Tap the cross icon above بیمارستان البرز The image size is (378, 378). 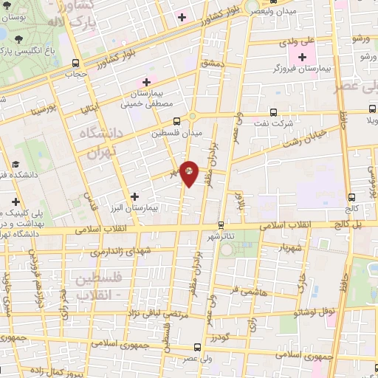(134, 196)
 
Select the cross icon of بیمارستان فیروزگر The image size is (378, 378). (302, 57)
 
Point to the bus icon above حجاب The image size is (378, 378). (75, 63)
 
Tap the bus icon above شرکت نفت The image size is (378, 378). (273, 112)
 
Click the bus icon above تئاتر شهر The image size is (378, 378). (221, 224)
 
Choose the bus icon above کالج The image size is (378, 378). (351, 196)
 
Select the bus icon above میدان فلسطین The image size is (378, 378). (176, 122)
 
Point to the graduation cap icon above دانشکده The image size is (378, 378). (15, 165)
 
